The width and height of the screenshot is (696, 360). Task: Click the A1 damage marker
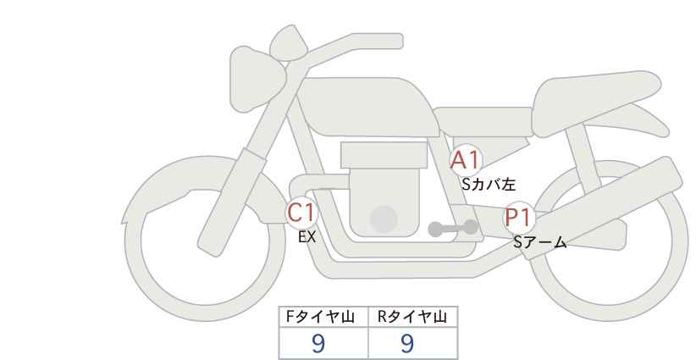point(465,160)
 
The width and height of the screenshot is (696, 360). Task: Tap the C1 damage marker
point(301,213)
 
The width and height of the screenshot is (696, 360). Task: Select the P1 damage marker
point(518,218)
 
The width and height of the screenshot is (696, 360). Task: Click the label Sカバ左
point(489,184)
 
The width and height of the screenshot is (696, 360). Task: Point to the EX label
point(307,237)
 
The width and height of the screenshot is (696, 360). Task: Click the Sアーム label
point(539,242)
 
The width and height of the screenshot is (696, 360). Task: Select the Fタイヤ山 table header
point(320,317)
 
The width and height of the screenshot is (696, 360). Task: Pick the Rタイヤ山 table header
point(412,317)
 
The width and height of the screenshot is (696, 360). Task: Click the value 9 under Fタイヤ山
point(318,343)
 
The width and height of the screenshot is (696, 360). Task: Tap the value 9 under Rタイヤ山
point(407,343)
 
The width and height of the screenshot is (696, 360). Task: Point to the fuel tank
point(368,107)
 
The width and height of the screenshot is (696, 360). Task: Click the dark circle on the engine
point(384,219)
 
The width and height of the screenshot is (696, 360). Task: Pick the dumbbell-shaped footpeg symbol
point(453,228)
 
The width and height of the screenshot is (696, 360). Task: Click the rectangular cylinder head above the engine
point(384,155)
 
